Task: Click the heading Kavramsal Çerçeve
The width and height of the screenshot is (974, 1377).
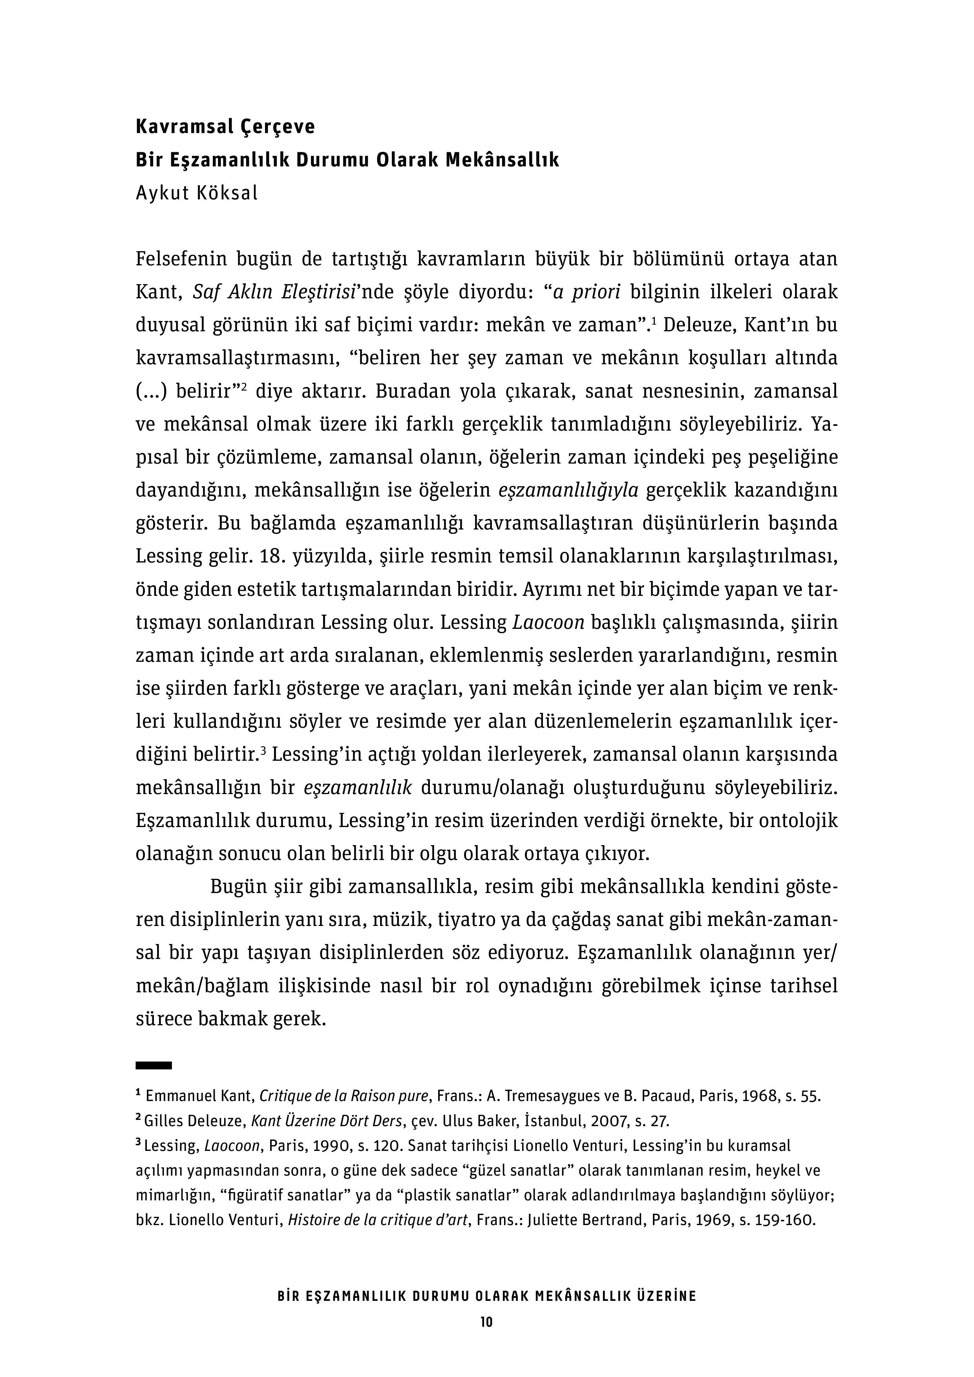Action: pos(225,128)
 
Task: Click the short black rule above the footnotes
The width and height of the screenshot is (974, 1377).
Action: pos(154,1065)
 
